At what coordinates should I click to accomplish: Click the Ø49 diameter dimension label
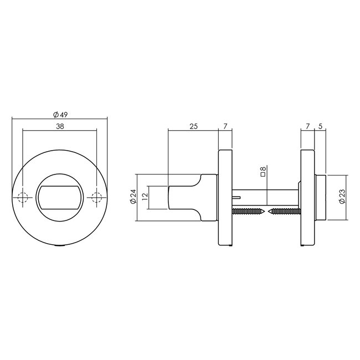click(x=60, y=114)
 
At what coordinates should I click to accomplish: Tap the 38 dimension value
click(x=60, y=126)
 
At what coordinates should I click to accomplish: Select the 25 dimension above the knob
click(x=193, y=127)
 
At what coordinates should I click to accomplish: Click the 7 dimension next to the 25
click(x=225, y=127)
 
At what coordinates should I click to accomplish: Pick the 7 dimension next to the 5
click(x=307, y=127)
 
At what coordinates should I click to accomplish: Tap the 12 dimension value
click(x=145, y=197)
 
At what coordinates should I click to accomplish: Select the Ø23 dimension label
click(x=342, y=197)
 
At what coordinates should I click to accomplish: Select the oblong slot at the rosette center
click(x=60, y=198)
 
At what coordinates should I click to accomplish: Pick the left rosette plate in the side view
click(x=225, y=198)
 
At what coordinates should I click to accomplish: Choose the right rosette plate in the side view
click(x=307, y=198)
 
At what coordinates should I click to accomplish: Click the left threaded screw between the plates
click(x=249, y=211)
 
